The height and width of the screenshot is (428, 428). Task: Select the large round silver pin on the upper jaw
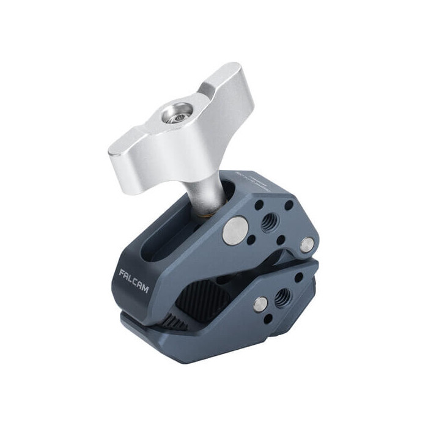[232, 230]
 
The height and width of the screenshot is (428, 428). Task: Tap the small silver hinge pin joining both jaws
[308, 245]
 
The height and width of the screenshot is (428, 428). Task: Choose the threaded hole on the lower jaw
[282, 298]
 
